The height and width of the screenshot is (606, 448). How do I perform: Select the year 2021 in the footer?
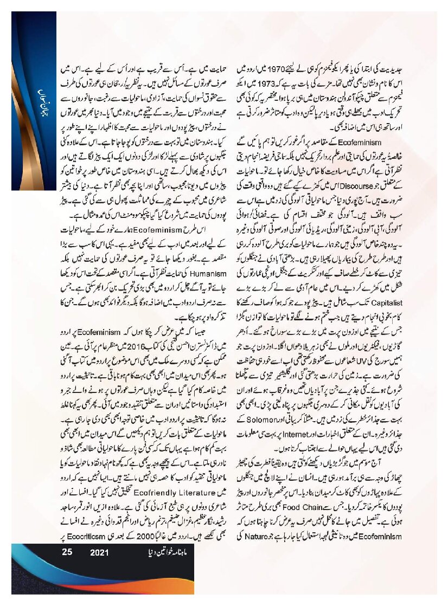100,553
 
